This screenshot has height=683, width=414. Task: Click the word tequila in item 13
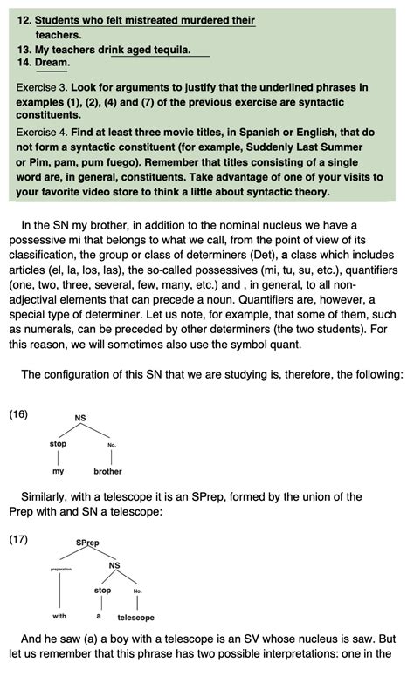(172, 50)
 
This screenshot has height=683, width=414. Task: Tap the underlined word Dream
(52, 63)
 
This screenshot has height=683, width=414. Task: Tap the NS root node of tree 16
(80, 418)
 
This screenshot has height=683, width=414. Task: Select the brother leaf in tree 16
(107, 471)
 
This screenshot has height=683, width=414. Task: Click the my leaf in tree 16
(59, 471)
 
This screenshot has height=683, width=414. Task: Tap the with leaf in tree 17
(59, 616)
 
